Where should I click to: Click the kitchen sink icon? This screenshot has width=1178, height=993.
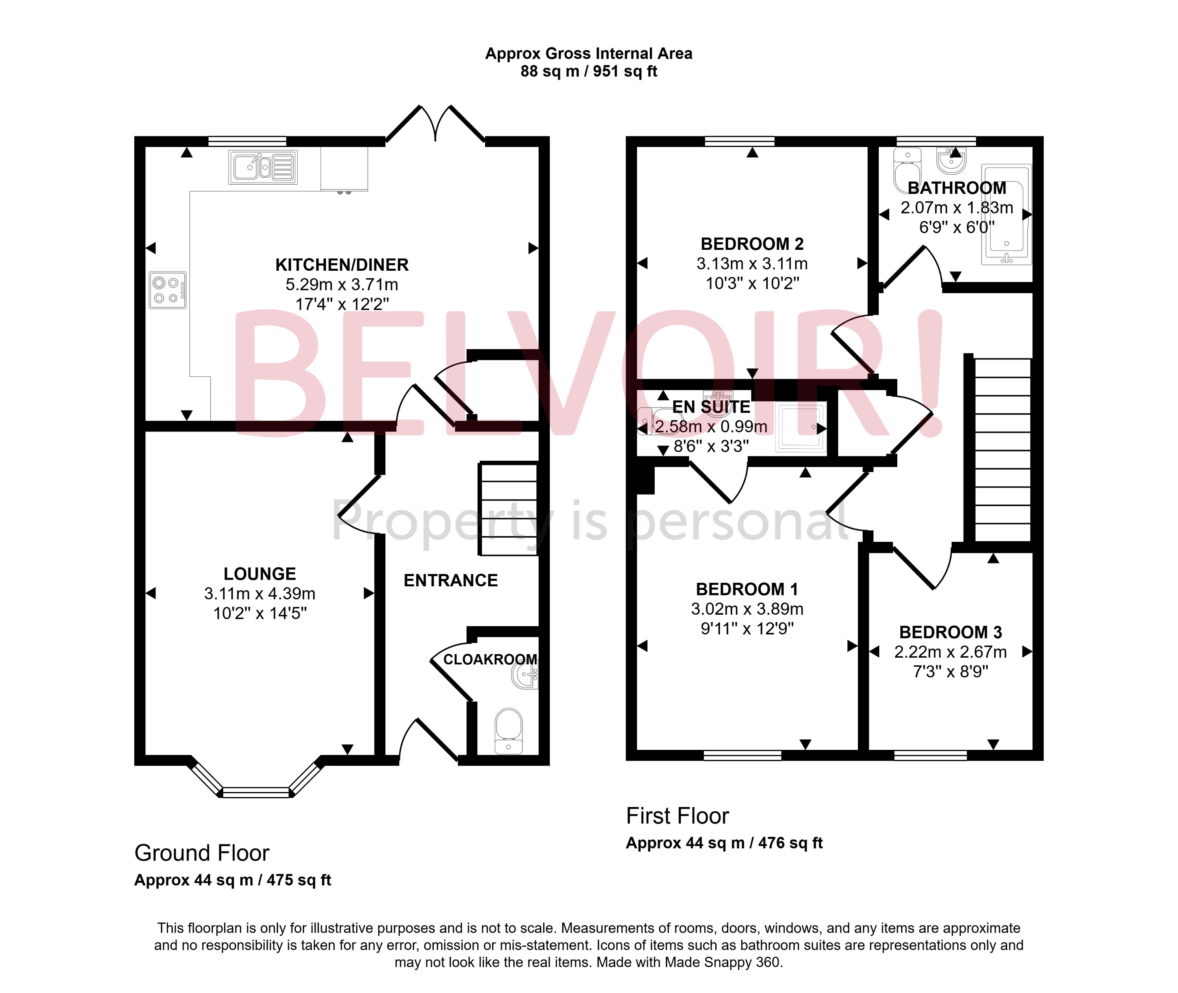tap(263, 167)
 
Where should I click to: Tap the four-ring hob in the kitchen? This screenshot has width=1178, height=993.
tap(167, 290)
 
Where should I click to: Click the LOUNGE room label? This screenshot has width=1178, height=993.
tap(259, 574)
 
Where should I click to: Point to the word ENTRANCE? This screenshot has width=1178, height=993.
tap(451, 580)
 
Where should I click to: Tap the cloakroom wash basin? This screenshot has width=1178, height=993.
tap(526, 674)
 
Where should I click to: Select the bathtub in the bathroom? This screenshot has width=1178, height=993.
tap(1006, 214)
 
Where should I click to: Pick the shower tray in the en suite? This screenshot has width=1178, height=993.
tap(800, 427)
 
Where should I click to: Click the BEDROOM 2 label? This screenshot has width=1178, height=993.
tap(752, 244)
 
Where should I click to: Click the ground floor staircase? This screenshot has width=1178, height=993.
tap(508, 509)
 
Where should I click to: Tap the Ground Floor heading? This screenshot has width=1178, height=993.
tap(202, 853)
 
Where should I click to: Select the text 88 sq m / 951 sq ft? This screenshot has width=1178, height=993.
tap(589, 71)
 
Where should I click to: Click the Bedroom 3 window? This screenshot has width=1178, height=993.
tap(930, 755)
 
